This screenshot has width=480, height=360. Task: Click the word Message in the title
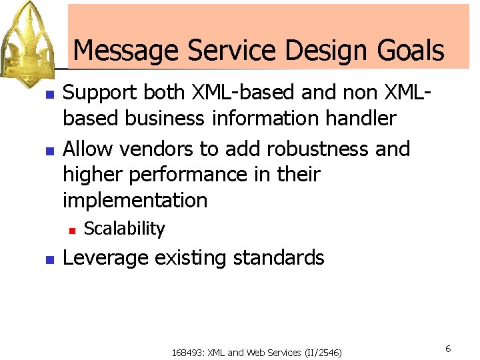[x=125, y=51]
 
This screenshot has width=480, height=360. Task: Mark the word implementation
[x=135, y=200]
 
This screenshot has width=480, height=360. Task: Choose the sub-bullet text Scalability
[x=124, y=229]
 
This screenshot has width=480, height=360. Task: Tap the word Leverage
[x=105, y=258]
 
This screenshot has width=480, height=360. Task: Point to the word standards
[x=281, y=258]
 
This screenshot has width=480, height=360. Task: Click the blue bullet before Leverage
[x=49, y=259]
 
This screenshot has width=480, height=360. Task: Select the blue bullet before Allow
[x=49, y=149]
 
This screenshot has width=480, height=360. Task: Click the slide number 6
[x=448, y=349]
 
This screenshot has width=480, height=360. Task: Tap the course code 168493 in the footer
[x=189, y=353]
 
